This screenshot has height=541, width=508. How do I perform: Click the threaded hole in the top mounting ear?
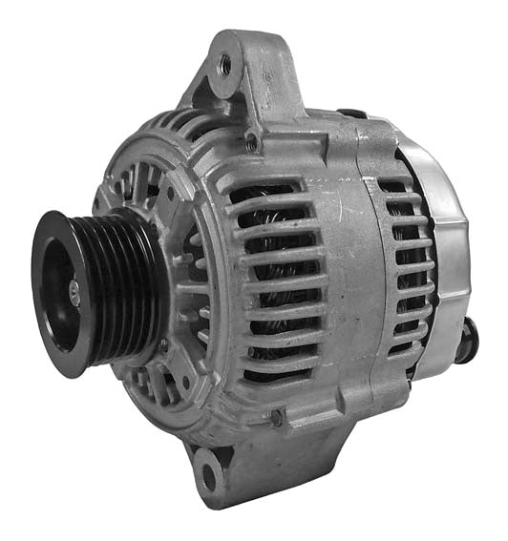pos(226,64)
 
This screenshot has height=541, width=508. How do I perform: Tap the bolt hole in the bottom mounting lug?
pos(207,469)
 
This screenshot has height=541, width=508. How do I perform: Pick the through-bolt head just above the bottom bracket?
pos(277,416)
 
